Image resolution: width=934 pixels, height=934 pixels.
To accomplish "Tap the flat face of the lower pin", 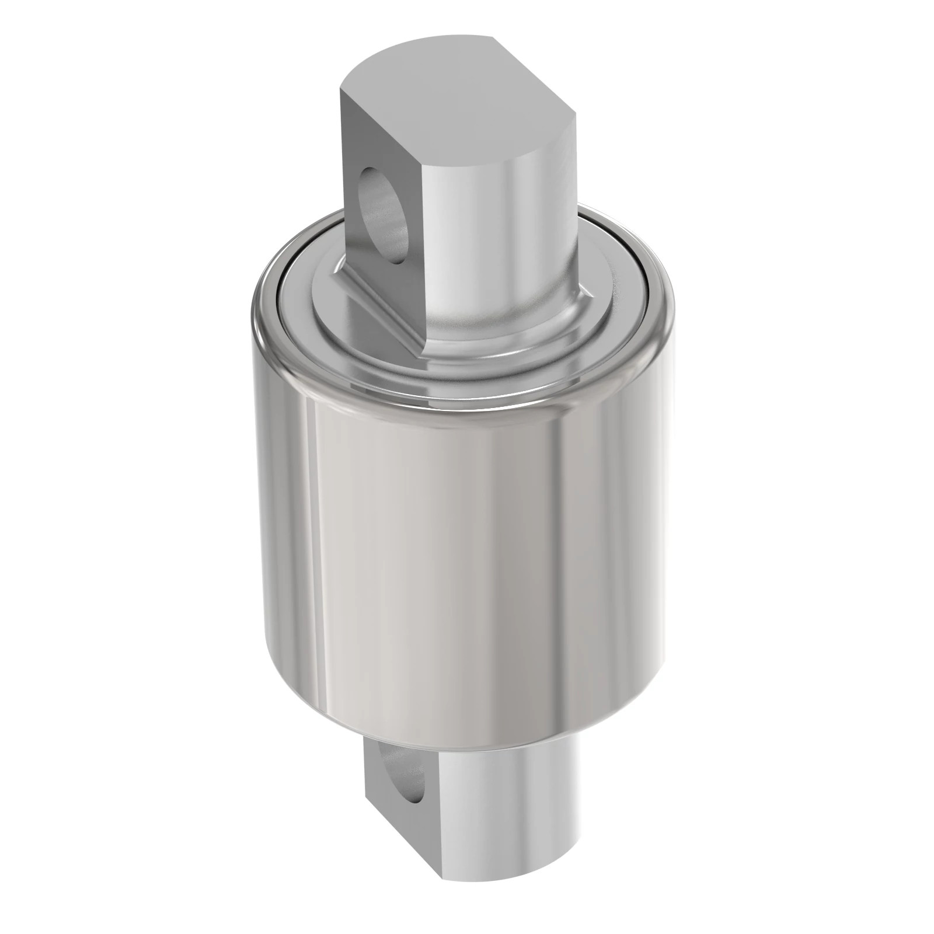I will [385, 817].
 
